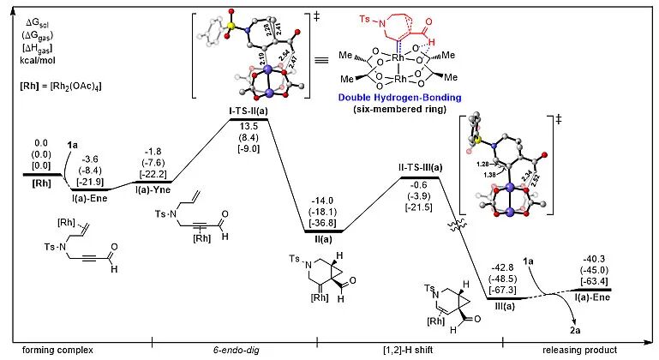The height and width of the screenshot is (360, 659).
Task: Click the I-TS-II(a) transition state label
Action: pos(249,112)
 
